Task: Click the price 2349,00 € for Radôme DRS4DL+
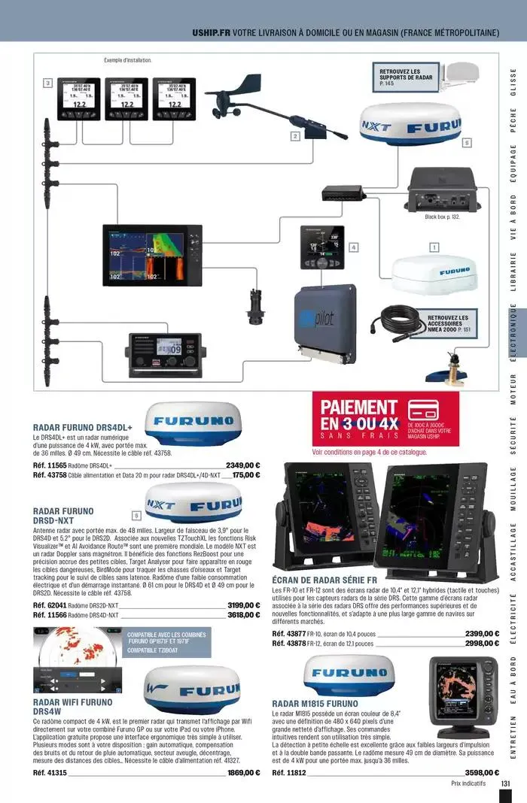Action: (x=242, y=465)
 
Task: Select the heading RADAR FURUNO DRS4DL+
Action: (x=83, y=427)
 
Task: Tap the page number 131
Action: (x=506, y=783)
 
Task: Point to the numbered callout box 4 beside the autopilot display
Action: (x=353, y=247)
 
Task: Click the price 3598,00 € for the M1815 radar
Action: (x=482, y=772)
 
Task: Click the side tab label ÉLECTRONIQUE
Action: (x=513, y=332)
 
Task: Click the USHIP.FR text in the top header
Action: (x=211, y=33)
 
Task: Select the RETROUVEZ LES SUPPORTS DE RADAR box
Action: (x=406, y=77)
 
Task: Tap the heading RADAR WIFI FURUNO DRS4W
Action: (x=72, y=707)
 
